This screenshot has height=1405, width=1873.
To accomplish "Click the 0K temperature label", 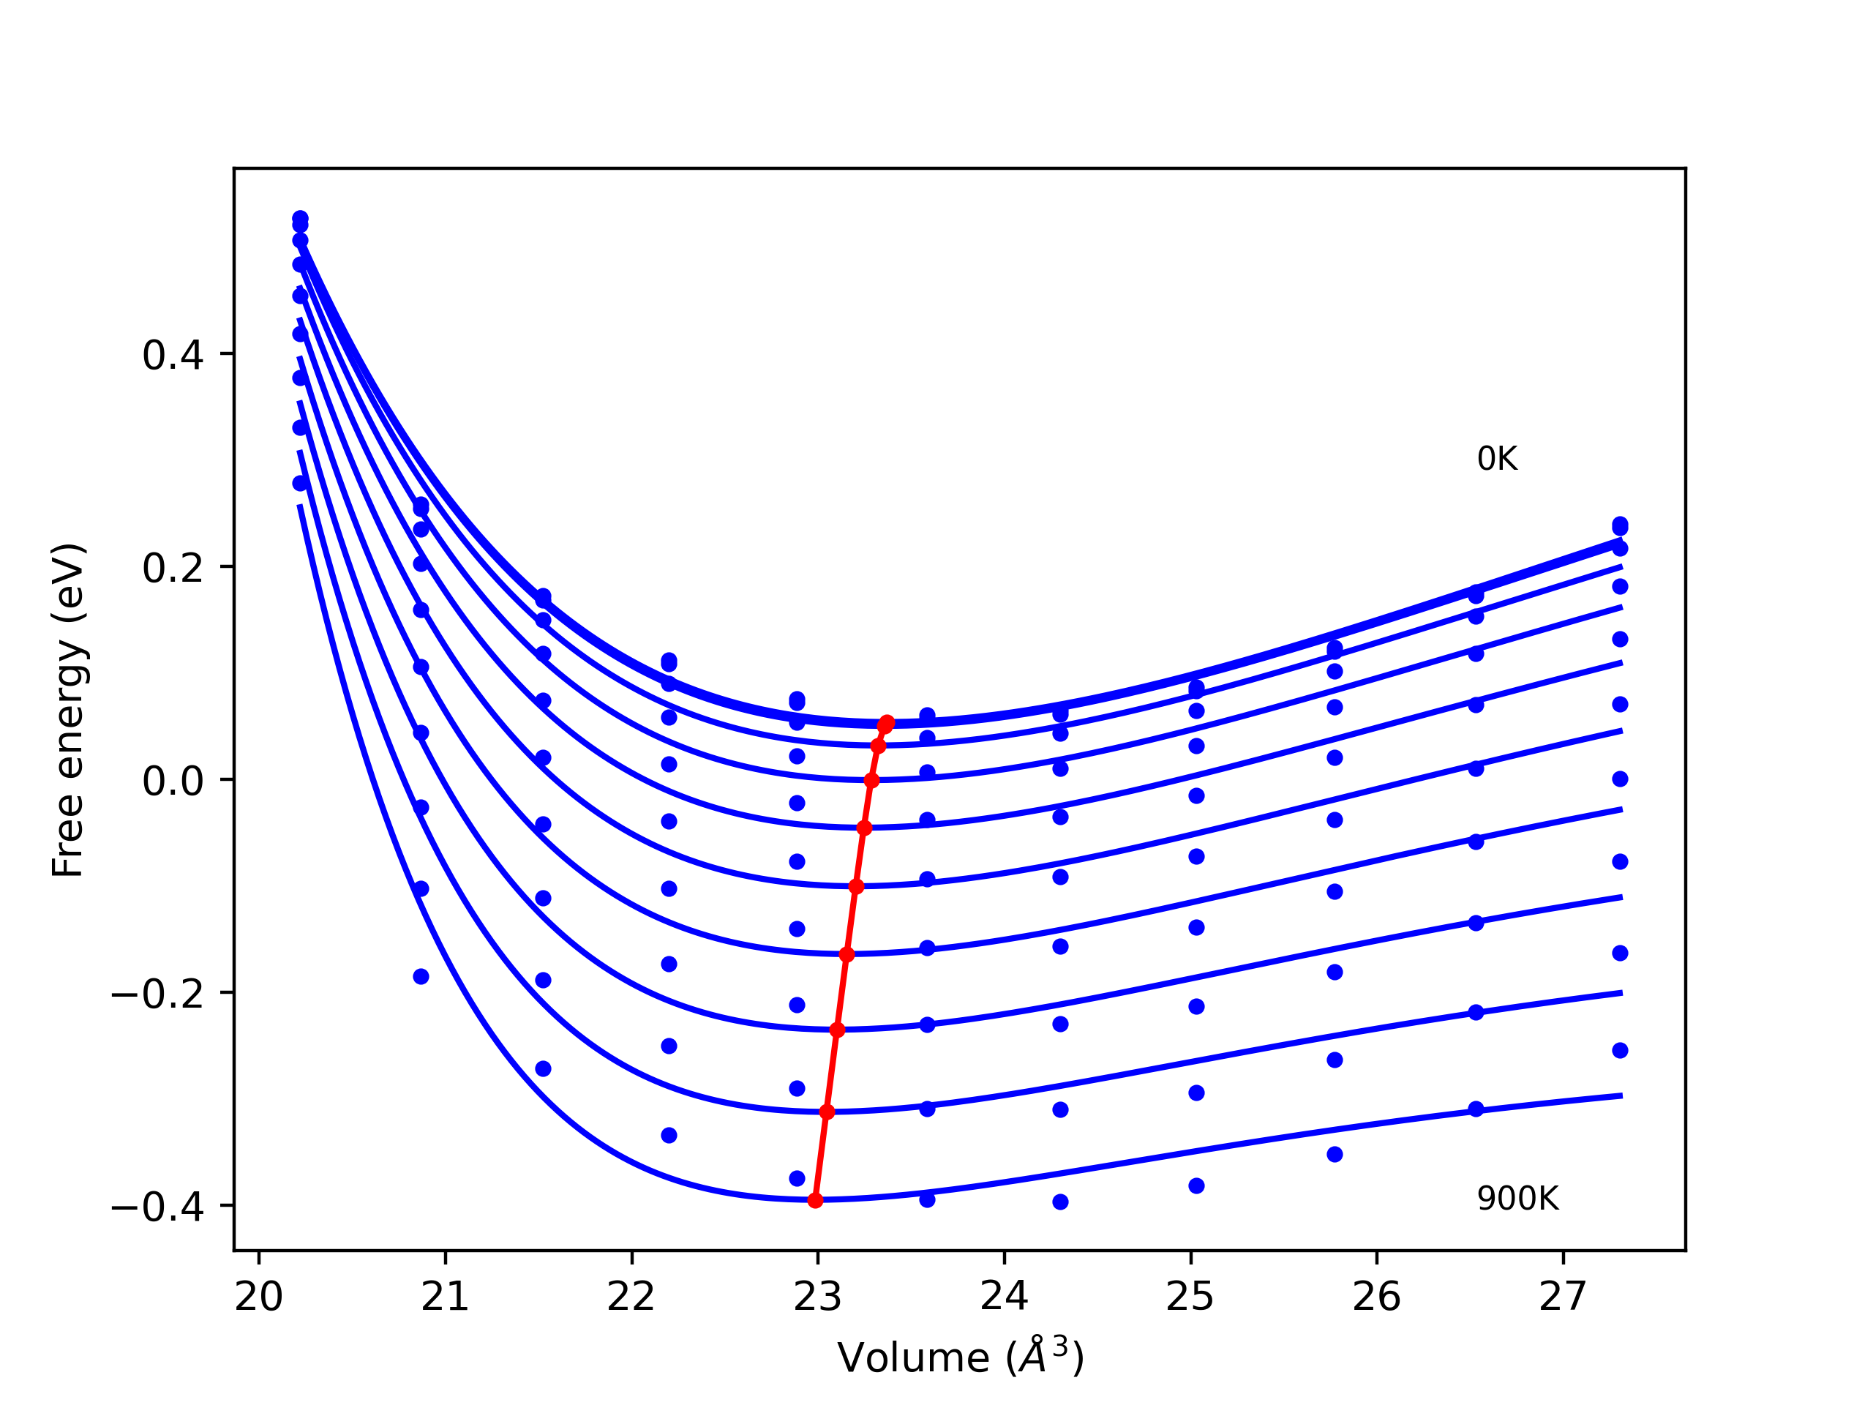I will click(x=1497, y=459).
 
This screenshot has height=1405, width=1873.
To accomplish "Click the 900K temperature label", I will click(x=1517, y=1199).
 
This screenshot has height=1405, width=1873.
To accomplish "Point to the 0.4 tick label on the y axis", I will click(x=173, y=356).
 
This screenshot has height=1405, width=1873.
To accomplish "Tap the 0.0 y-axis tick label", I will click(x=173, y=781).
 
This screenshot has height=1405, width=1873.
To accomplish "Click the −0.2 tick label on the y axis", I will click(x=157, y=994).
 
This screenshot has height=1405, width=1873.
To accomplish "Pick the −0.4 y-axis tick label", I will click(x=157, y=1207).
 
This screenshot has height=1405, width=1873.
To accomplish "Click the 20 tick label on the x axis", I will click(x=258, y=1297).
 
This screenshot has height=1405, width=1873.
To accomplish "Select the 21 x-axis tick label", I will click(x=445, y=1297).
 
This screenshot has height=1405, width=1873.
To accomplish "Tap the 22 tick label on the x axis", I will click(x=631, y=1297).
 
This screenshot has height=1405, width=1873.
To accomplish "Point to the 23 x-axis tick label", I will click(x=817, y=1297).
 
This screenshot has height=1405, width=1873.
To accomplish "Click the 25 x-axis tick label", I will click(x=1190, y=1297).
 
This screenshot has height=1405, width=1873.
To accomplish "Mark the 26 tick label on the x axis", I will click(x=1376, y=1297).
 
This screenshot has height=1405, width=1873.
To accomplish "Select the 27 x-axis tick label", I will click(x=1562, y=1297).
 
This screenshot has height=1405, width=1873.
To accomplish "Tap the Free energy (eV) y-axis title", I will click(x=68, y=710).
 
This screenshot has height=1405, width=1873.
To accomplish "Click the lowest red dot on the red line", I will click(x=816, y=1200).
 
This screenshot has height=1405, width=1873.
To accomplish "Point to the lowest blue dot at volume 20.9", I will click(x=421, y=976).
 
